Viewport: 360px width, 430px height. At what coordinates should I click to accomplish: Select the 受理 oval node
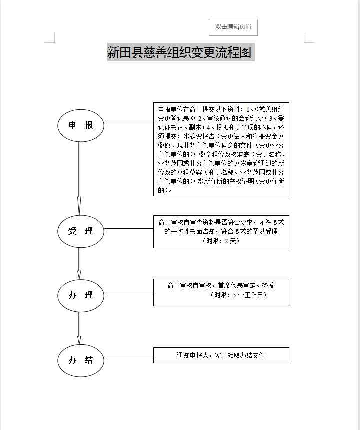pos(81,231)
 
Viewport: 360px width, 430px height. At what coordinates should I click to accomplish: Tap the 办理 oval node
pos(81,295)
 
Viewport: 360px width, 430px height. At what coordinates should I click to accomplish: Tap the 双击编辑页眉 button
pos(233,27)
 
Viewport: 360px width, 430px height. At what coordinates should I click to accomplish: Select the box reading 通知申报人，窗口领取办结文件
pos(221,356)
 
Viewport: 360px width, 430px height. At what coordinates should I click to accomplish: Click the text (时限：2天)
pos(221,241)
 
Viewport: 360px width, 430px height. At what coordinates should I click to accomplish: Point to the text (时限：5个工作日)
pos(239,295)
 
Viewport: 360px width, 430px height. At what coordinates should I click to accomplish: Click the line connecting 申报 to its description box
pos(128,123)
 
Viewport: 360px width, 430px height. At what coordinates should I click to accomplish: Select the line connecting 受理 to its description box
pos(128,229)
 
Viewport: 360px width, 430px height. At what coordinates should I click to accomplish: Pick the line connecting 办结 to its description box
pos(128,356)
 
